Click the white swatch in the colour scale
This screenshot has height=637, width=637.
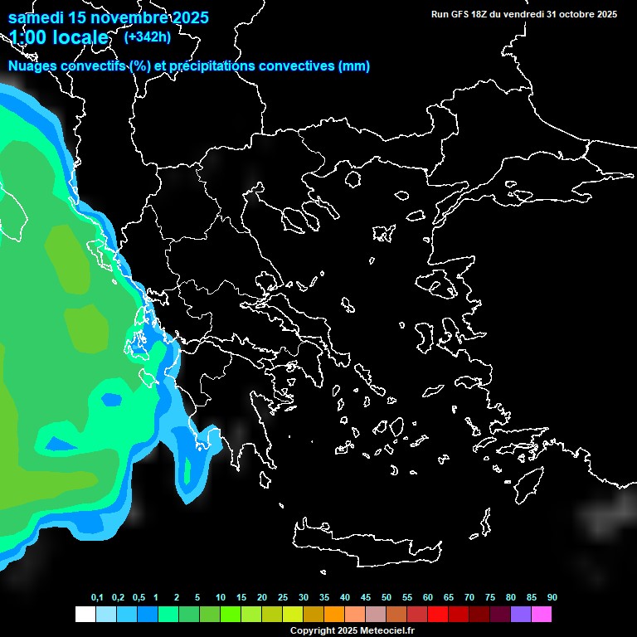click(x=85, y=614)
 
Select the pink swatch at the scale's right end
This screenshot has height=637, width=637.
click(x=542, y=614)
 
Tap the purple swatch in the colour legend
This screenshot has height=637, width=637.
click(x=521, y=614)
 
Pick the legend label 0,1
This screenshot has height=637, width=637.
click(x=97, y=598)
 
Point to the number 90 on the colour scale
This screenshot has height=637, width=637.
click(x=552, y=598)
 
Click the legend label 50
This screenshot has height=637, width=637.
click(x=387, y=598)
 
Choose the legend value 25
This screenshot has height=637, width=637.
click(x=283, y=598)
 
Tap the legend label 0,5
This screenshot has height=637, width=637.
click(x=139, y=598)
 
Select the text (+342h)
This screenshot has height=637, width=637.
click(x=147, y=36)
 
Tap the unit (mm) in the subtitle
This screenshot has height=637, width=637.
click(x=354, y=66)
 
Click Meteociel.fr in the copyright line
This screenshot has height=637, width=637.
click(x=387, y=630)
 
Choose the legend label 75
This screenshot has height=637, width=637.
click(x=490, y=598)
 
